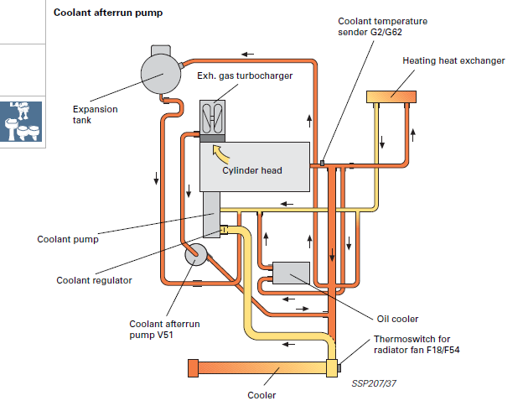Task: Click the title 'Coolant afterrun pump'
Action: (107, 13)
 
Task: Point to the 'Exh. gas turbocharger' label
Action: (246, 76)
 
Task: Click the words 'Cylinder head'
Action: (252, 170)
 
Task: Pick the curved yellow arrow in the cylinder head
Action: (220, 154)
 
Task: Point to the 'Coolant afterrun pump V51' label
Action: (164, 329)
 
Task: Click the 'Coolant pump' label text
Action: (68, 239)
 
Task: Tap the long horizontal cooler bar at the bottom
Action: (260, 368)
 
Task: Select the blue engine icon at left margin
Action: (23, 122)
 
